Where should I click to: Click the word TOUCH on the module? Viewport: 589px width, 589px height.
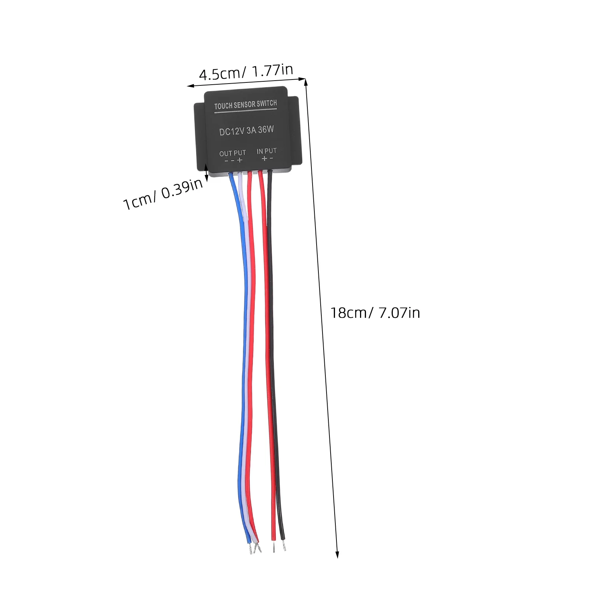223,106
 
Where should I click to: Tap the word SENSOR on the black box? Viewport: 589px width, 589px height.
244,105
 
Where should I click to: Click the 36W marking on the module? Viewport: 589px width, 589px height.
266,130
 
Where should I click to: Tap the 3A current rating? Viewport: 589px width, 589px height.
251,130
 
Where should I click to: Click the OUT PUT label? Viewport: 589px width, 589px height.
233,153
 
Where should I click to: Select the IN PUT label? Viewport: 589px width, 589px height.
267,151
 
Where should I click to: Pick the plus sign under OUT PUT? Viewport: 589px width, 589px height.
240,160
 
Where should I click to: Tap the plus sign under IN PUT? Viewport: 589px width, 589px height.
264,159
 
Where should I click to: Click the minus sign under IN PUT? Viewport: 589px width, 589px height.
271,158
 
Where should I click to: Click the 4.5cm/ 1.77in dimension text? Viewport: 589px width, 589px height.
246,72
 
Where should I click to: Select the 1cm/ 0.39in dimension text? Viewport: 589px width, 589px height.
163,194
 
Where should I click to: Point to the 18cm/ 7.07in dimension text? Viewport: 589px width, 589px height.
375,313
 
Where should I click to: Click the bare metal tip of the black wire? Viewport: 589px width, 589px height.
284,546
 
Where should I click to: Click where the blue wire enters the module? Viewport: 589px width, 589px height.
231,174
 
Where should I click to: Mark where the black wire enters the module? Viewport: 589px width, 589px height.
270,172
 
